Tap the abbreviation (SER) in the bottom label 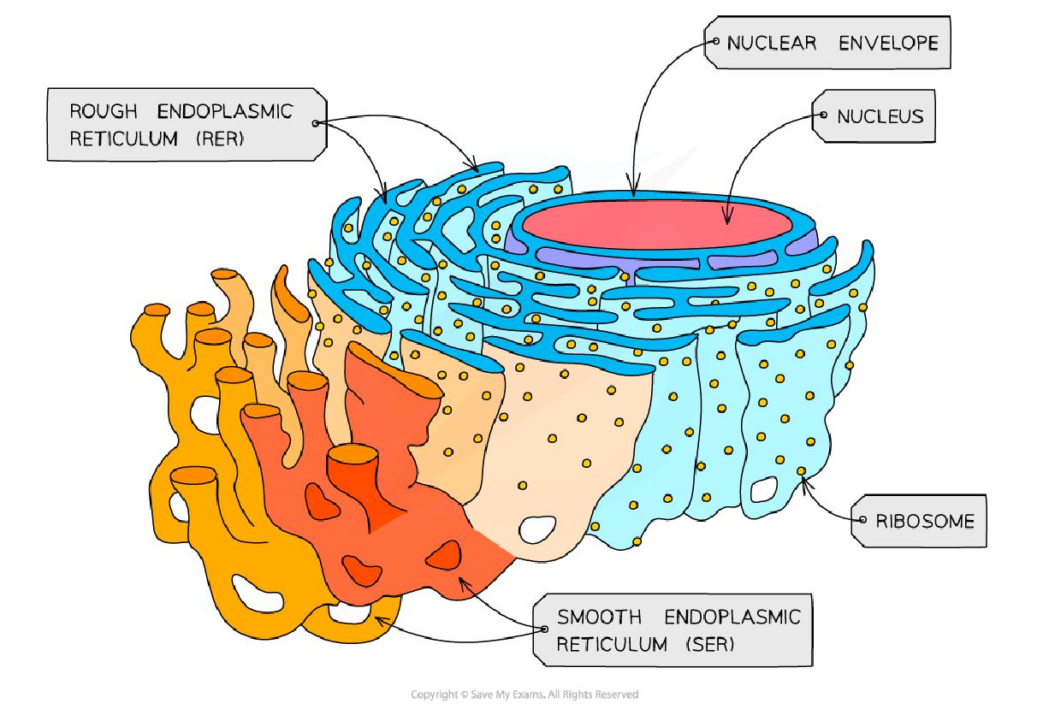tap(709, 643)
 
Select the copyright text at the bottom tap(524, 694)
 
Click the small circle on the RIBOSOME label tap(859, 519)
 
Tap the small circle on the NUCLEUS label tap(822, 115)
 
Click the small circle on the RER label tap(315, 124)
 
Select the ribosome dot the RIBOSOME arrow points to tap(801, 471)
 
